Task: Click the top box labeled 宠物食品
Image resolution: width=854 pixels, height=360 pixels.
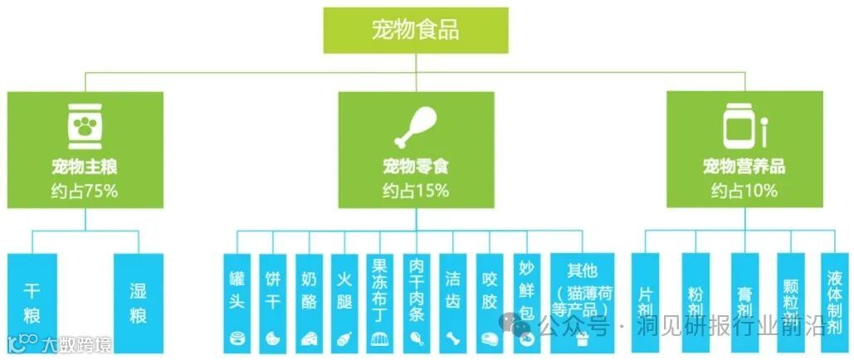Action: click(x=415, y=31)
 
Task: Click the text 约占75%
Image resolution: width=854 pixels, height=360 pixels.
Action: click(x=84, y=191)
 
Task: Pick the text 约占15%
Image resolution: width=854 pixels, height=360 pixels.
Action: click(x=415, y=191)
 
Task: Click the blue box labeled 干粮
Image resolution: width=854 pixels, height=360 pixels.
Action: click(x=32, y=303)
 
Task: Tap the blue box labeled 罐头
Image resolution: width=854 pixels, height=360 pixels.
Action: click(x=237, y=303)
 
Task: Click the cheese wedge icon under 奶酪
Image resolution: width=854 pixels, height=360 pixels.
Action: click(x=309, y=338)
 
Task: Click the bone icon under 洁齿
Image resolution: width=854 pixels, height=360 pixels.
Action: click(x=452, y=338)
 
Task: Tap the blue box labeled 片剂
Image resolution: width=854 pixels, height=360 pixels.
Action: click(x=646, y=303)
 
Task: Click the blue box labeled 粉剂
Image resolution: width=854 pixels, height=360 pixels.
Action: click(x=695, y=303)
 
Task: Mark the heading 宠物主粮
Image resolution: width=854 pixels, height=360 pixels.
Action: click(x=84, y=167)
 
